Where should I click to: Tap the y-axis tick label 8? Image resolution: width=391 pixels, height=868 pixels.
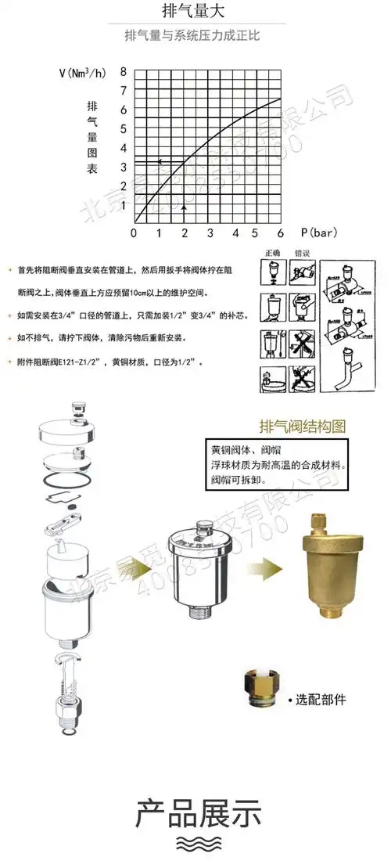[122, 71]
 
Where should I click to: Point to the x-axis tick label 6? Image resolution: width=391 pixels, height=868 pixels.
[279, 233]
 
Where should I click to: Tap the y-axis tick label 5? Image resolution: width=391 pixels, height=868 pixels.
[122, 128]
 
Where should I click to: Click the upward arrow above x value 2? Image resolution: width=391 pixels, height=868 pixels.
[184, 207]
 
